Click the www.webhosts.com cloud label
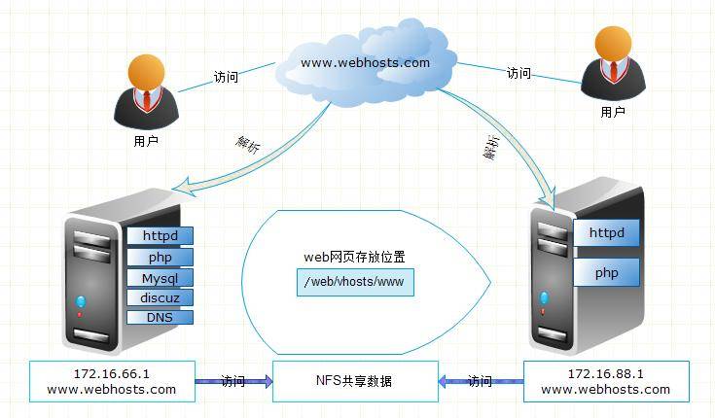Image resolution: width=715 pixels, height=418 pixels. [365, 63]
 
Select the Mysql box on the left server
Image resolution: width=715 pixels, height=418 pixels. [160, 278]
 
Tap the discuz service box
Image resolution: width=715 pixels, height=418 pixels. [160, 297]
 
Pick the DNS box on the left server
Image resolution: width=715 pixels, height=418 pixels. [160, 317]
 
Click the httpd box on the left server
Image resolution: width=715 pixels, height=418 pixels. [160, 235]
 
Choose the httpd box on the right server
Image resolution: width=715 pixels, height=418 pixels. [606, 233]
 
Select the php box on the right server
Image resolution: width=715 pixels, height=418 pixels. [606, 273]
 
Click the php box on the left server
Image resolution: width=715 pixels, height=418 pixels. [160, 257]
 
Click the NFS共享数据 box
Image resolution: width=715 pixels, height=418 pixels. [354, 381]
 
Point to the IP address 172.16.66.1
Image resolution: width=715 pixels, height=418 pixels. [112, 373]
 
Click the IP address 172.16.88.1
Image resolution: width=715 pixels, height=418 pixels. [605, 373]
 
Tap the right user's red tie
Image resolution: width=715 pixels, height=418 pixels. [613, 74]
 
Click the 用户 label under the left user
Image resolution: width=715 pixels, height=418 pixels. [145, 141]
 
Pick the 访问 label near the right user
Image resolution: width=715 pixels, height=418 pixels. [518, 74]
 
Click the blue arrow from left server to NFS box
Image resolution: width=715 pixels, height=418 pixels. [233, 381]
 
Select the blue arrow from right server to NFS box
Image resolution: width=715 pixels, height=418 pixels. [481, 381]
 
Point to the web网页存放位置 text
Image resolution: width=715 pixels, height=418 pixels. [354, 258]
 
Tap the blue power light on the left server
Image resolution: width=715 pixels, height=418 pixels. [81, 300]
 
